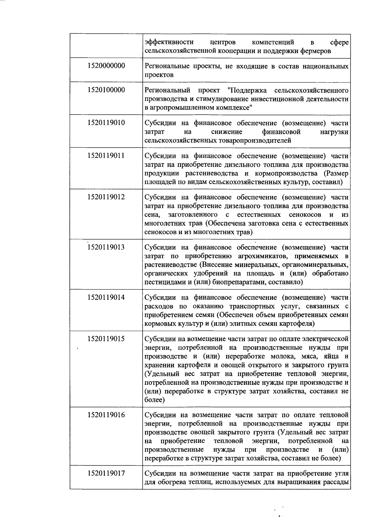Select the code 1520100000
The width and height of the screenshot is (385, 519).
(x=106, y=90)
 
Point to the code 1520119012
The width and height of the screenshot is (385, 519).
(x=106, y=197)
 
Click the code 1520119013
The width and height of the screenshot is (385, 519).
(x=106, y=247)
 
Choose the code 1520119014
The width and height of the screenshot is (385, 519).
(x=106, y=297)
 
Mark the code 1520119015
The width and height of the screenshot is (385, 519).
(x=106, y=339)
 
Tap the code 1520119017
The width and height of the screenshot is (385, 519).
(x=106, y=473)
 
